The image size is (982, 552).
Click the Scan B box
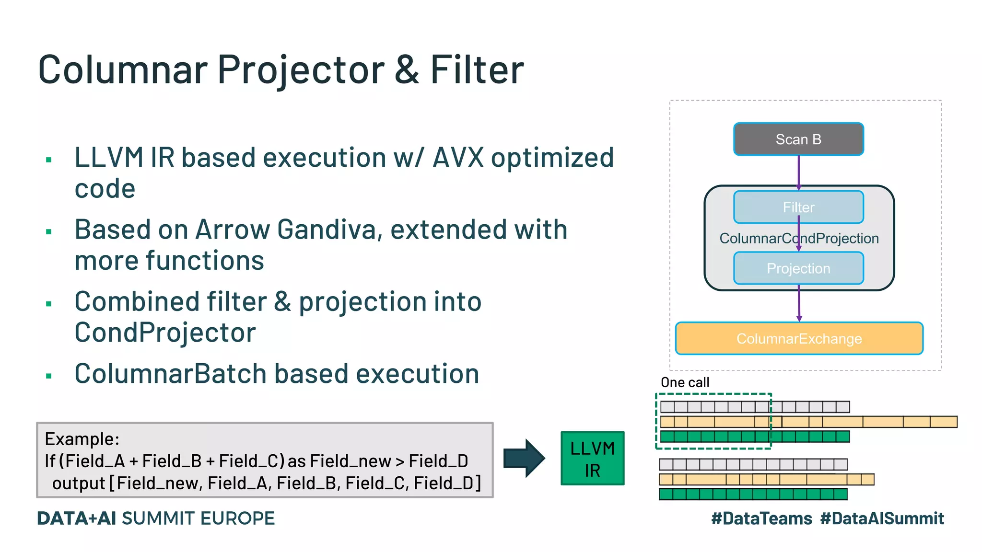pyautogui.click(x=798, y=139)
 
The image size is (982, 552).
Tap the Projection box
pyautogui.click(x=798, y=268)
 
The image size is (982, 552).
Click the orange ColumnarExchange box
pyautogui.click(x=799, y=338)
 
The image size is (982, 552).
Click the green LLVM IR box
pyautogui.click(x=592, y=459)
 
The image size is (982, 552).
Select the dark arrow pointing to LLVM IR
pyautogui.click(x=524, y=458)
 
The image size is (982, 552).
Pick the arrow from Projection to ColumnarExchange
pyautogui.click(x=799, y=303)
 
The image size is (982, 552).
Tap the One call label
pyautogui.click(x=684, y=382)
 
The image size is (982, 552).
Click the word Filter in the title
pyautogui.click(x=477, y=70)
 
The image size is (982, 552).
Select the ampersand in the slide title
pyautogui.click(x=407, y=70)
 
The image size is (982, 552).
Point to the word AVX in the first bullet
pyautogui.click(x=458, y=158)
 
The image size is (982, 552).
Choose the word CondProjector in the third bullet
pyautogui.click(x=165, y=333)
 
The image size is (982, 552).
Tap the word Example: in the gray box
pyautogui.click(x=82, y=439)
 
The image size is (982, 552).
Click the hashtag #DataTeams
pyautogui.click(x=761, y=518)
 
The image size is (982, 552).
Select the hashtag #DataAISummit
pyautogui.click(x=882, y=518)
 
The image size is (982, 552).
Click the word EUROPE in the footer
pyautogui.click(x=237, y=518)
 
